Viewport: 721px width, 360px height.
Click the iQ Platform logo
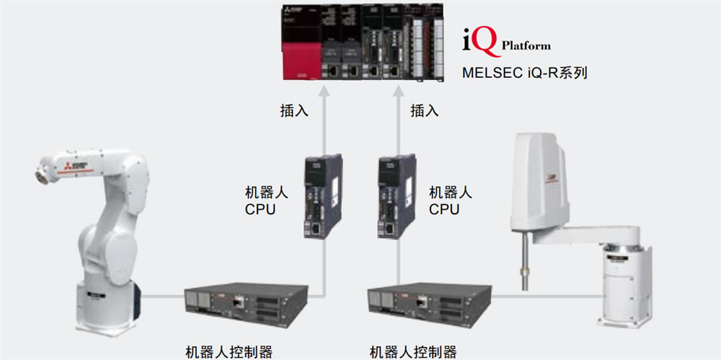click(505, 43)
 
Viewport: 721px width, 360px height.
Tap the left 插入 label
click(294, 110)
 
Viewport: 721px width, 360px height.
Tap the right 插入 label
click(425, 110)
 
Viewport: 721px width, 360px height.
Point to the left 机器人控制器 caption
click(229, 352)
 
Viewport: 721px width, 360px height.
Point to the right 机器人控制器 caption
click(413, 352)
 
